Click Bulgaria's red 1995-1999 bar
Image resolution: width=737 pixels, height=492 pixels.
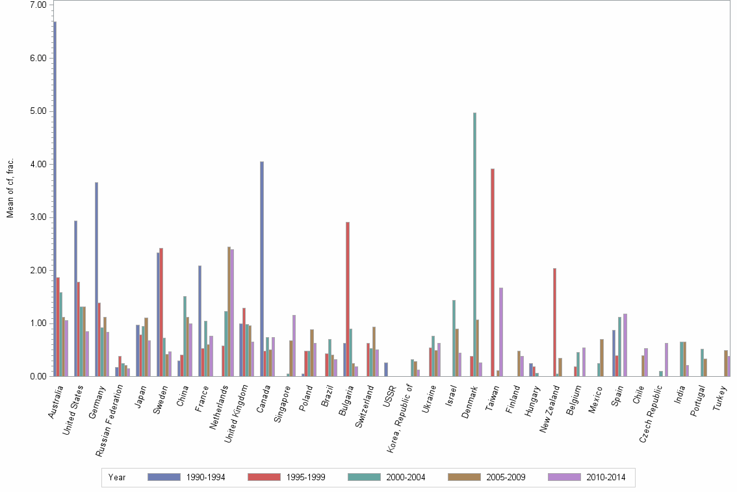(x=348, y=299)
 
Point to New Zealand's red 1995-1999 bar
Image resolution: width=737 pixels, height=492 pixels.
(x=554, y=322)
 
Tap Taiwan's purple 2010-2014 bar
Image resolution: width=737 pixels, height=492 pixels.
(x=501, y=332)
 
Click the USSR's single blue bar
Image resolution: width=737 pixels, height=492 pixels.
(x=385, y=369)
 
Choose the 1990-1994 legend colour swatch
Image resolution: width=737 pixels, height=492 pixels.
(x=164, y=477)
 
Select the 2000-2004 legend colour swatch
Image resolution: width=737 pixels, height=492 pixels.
(x=365, y=477)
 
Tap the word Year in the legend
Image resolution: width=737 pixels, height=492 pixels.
(x=117, y=477)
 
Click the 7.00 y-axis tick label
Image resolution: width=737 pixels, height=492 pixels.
(x=38, y=5)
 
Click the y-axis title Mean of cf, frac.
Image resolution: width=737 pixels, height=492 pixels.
(x=10, y=188)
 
